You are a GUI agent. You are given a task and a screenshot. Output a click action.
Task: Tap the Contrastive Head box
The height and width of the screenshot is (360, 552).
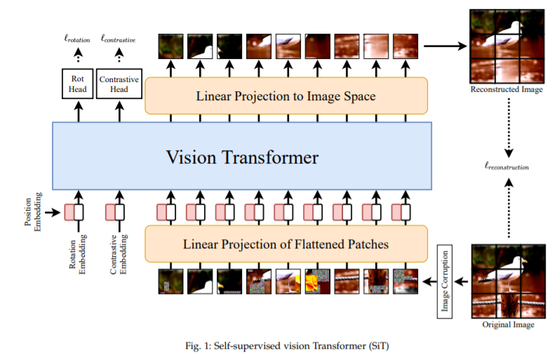click(x=119, y=85)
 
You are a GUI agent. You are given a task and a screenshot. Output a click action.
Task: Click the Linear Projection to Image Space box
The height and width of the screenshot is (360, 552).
click(x=286, y=95)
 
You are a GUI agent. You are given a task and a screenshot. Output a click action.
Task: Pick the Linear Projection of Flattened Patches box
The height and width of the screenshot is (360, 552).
click(x=286, y=244)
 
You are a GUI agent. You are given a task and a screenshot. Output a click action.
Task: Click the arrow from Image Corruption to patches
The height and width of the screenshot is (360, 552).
click(x=460, y=281)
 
